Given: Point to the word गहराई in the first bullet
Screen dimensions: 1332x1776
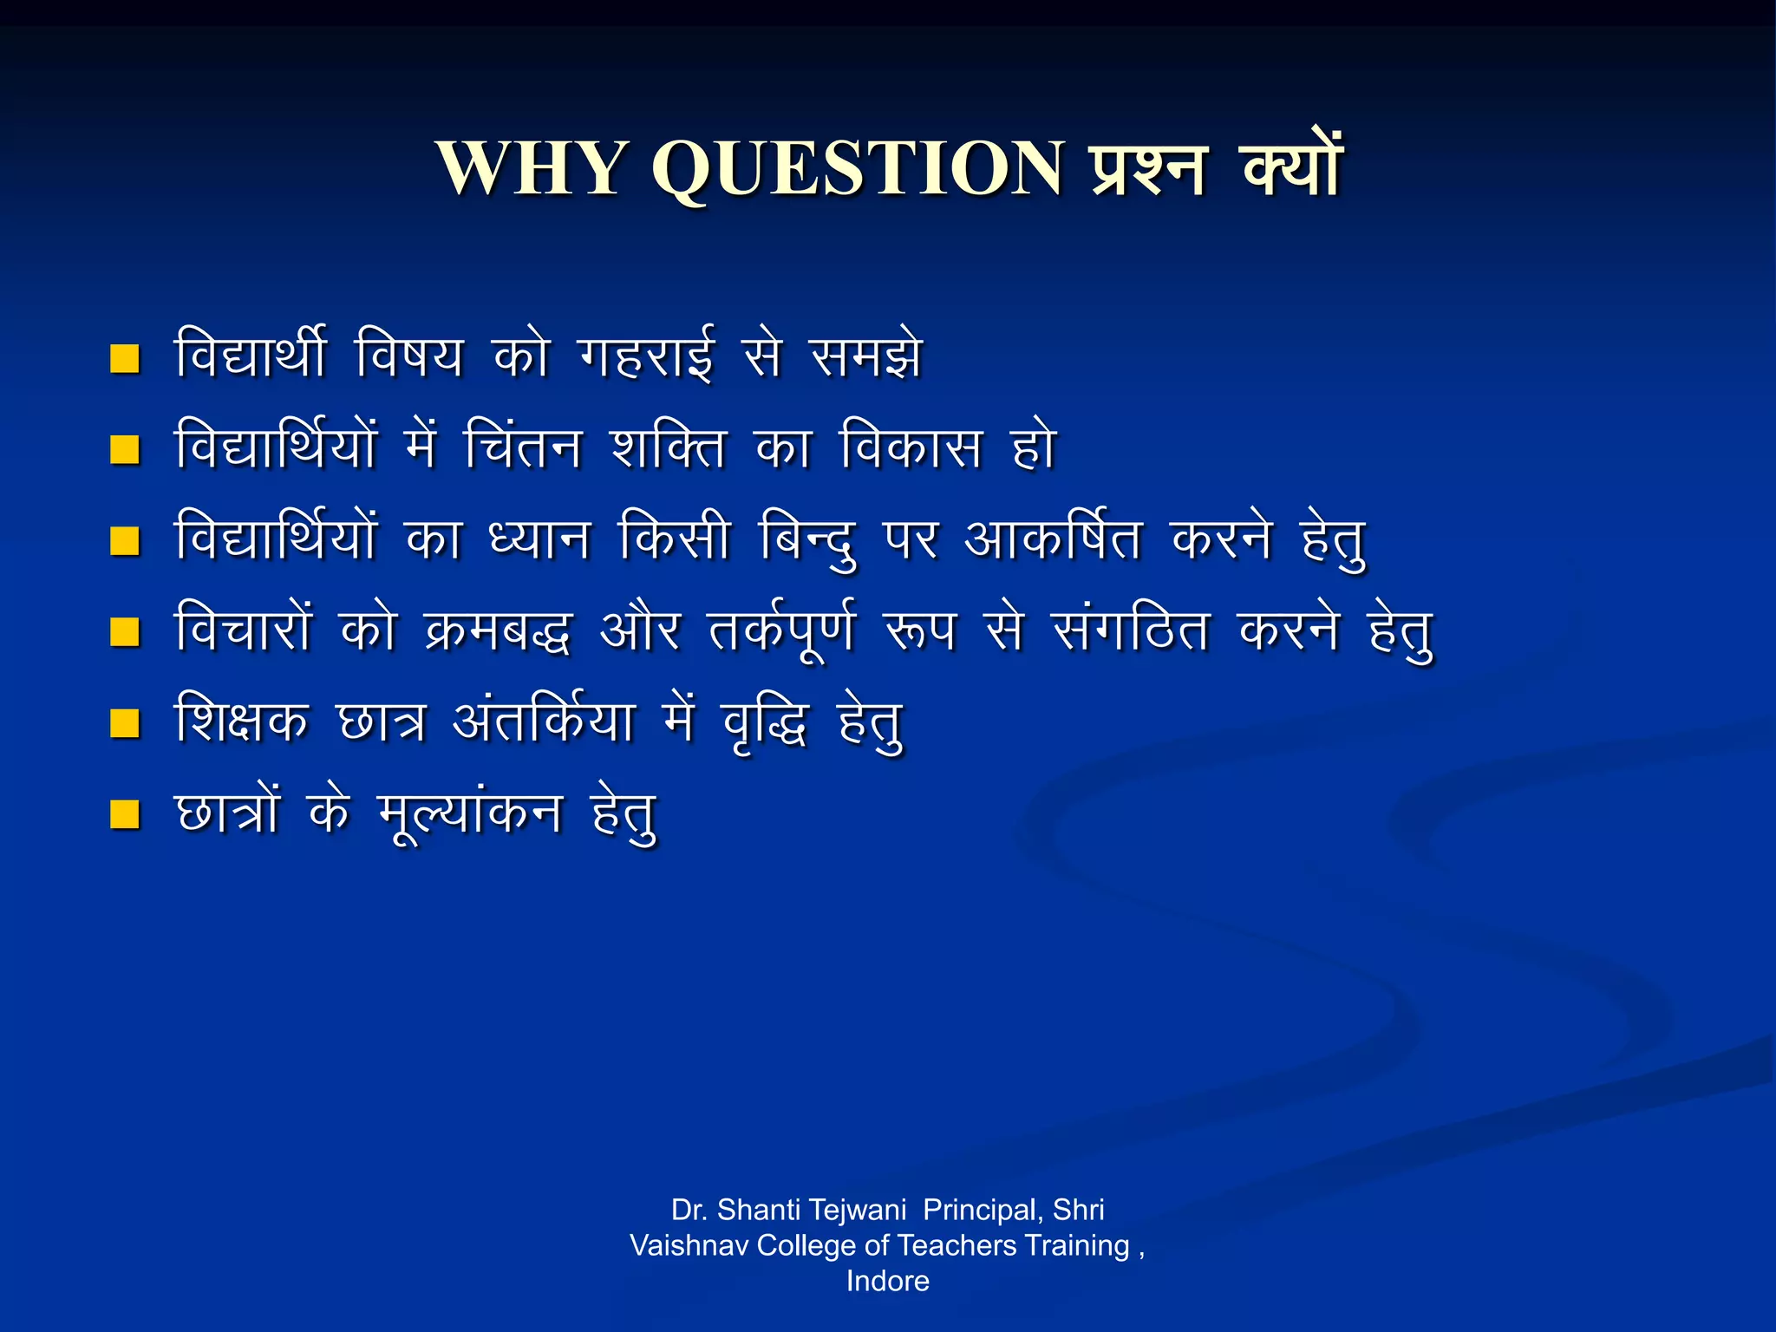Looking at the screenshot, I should tap(646, 356).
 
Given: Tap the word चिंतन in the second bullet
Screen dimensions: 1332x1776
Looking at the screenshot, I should tap(523, 447).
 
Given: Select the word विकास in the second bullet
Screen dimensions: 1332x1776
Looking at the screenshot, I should tap(911, 447).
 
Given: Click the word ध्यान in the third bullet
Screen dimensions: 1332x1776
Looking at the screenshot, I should tap(540, 539).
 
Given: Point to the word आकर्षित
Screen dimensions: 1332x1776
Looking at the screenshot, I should tap(1053, 539).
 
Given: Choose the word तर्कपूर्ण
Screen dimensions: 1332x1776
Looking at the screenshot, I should tap(781, 631).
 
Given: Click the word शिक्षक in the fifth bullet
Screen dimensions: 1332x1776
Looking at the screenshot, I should tap(241, 721).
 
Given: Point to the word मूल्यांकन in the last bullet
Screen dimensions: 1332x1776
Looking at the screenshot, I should tap(471, 815).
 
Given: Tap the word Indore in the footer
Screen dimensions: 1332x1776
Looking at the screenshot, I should tap(887, 1281).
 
